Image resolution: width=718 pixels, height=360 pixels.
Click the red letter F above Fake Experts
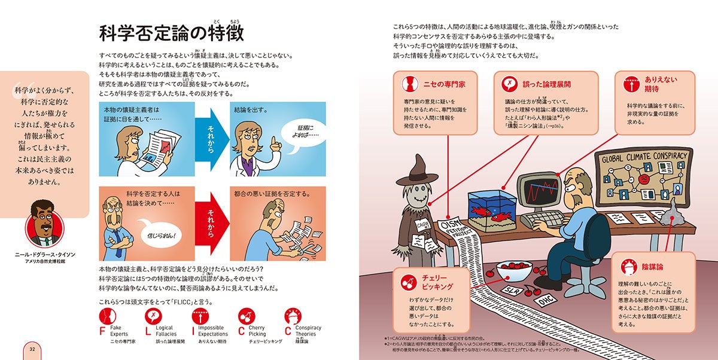click(x=102, y=330)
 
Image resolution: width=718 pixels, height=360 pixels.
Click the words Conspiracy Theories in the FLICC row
click(x=308, y=331)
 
